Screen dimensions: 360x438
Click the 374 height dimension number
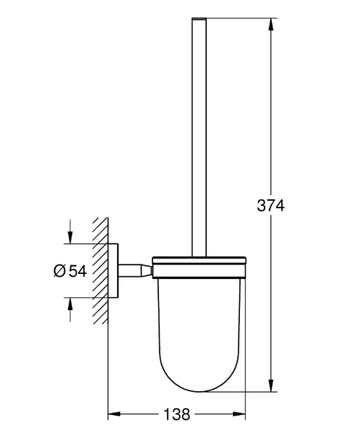pyautogui.click(x=270, y=205)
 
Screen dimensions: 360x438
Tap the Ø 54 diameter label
pyautogui.click(x=70, y=270)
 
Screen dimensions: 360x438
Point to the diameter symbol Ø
pyautogui.click(x=59, y=270)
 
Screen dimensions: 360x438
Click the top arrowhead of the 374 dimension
pyautogui.click(x=270, y=25)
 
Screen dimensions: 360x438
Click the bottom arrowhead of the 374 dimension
pyautogui.click(x=270, y=385)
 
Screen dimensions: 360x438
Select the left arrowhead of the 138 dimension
pyautogui.click(x=114, y=413)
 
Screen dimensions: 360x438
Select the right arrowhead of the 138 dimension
pyautogui.click(x=239, y=413)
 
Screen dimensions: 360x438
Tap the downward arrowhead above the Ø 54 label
pyautogui.click(x=70, y=238)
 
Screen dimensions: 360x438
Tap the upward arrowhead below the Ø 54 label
pyautogui.click(x=70, y=304)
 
